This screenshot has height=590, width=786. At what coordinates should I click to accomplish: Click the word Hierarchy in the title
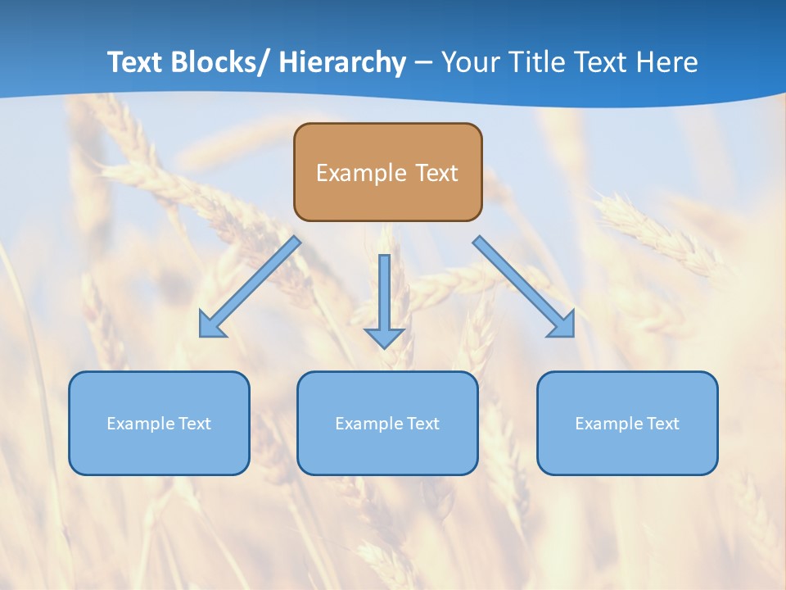342,62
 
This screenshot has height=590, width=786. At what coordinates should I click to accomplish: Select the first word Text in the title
136,62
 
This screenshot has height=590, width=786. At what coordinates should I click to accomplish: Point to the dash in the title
423,63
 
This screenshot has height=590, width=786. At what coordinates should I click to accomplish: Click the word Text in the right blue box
663,424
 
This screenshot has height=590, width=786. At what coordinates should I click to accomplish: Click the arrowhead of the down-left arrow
210,327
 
